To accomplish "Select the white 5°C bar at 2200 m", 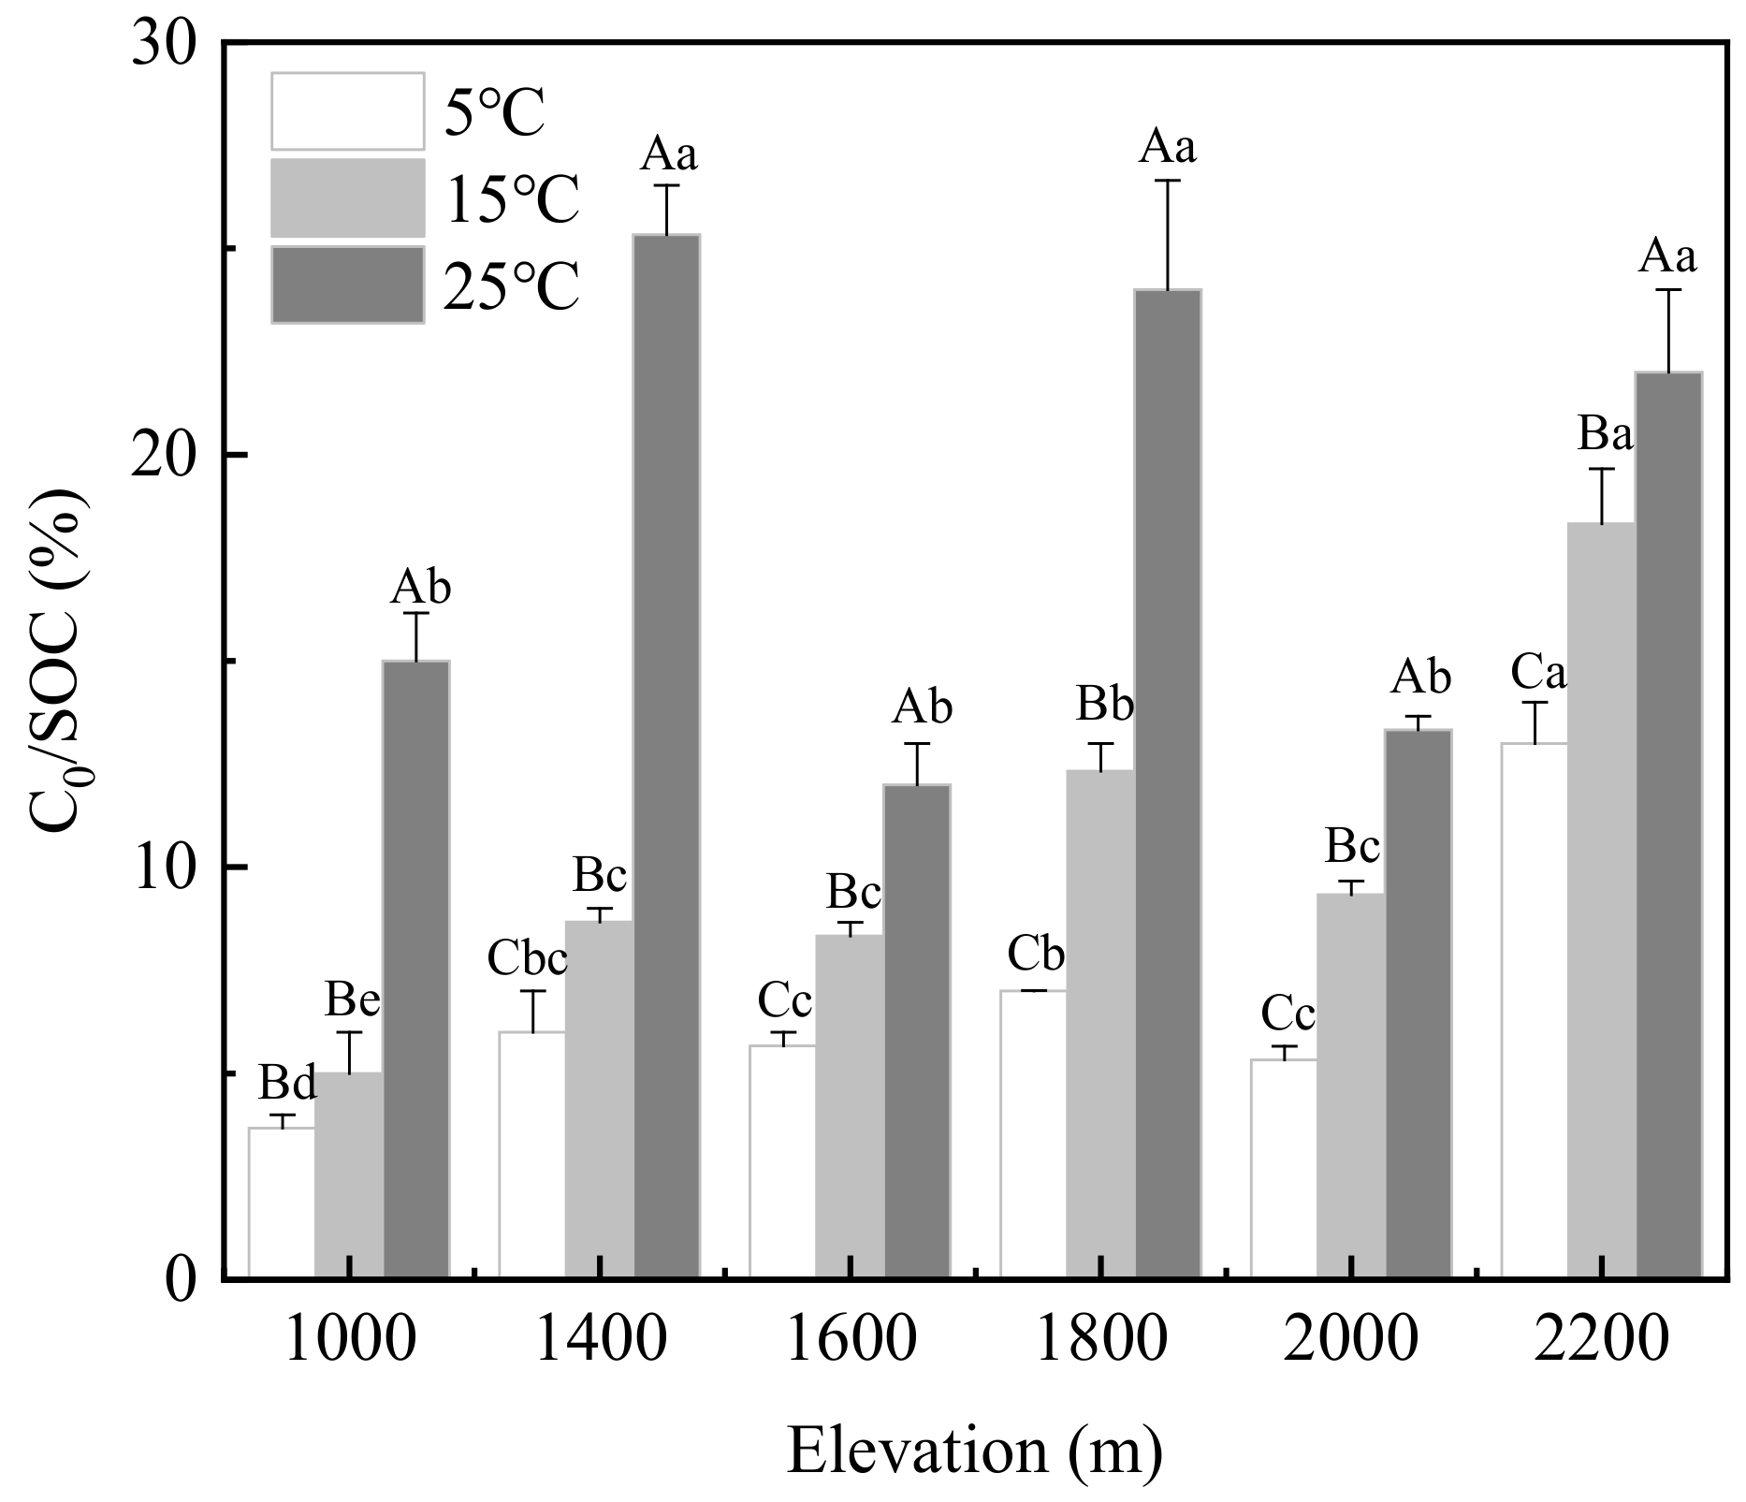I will coord(1535,1011).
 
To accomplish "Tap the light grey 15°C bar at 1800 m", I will coord(1100,1024).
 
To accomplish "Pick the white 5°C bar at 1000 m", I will coord(282,1203).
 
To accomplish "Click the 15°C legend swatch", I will coord(347,197).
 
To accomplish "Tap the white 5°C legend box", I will coord(347,110).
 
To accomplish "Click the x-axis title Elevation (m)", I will coord(974,1451).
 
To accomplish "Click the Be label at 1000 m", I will coord(352,1000).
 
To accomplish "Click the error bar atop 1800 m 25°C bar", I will coord(1169,234).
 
